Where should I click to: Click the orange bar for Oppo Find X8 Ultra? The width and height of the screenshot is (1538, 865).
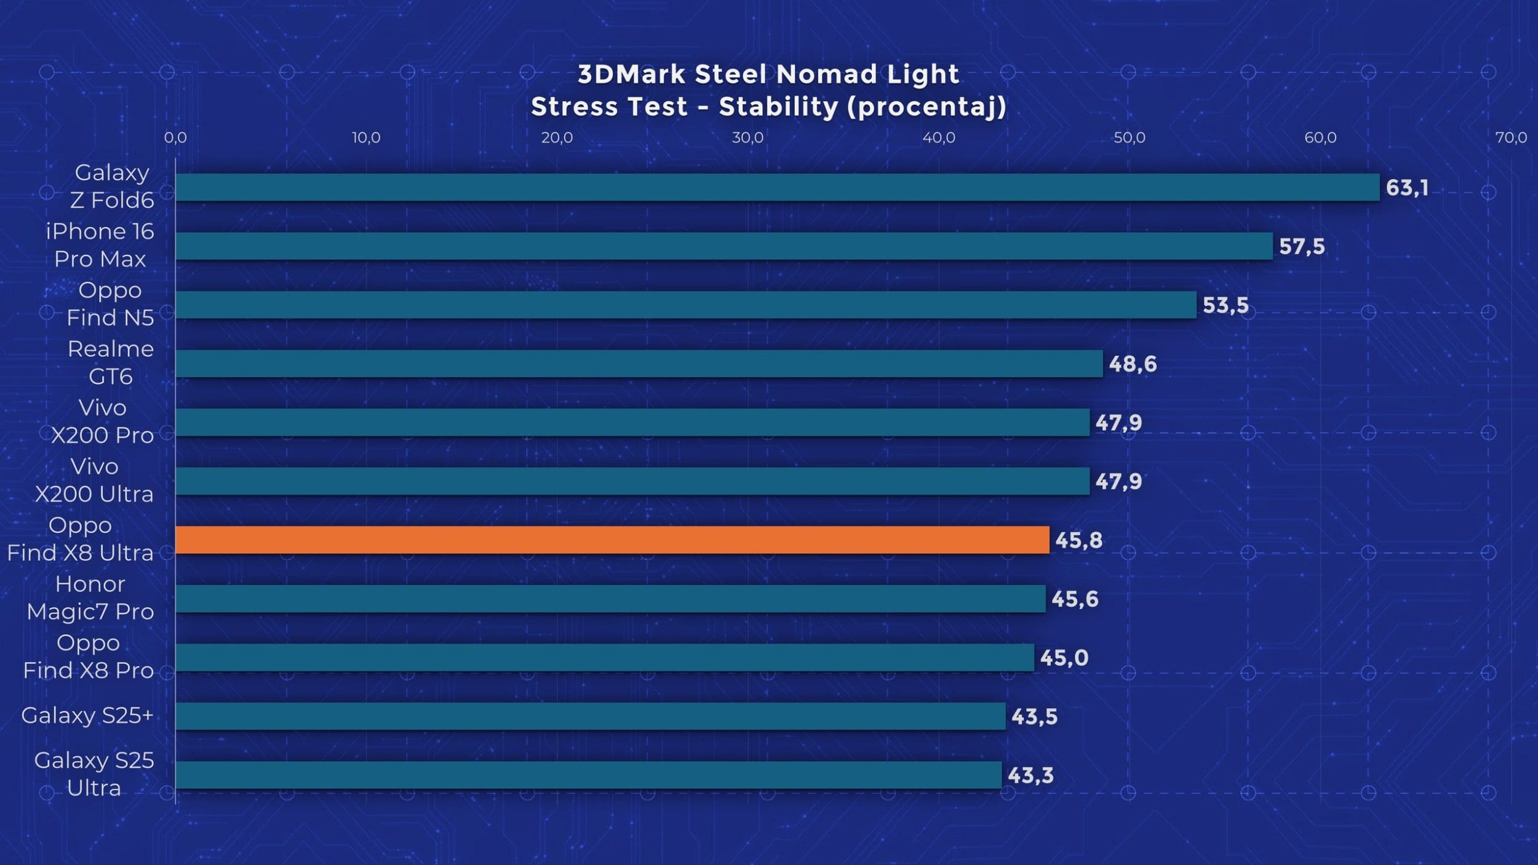tap(612, 540)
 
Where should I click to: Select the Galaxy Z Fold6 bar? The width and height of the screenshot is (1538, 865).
tap(777, 187)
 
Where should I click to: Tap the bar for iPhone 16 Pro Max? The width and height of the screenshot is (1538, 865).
tap(724, 246)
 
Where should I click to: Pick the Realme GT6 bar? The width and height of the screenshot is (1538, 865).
tap(639, 364)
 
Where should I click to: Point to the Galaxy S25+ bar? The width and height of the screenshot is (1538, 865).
tap(590, 716)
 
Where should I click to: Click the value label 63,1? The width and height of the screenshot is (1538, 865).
tap(1407, 188)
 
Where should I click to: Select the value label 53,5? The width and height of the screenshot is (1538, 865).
tap(1225, 305)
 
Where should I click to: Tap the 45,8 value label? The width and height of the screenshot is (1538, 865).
tap(1078, 540)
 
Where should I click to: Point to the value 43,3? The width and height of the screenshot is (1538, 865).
tap(1030, 775)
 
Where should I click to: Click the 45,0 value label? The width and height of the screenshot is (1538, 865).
tap(1064, 658)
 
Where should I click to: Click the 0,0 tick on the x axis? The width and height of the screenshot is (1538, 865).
tap(175, 138)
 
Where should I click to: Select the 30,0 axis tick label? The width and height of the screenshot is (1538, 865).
tap(747, 138)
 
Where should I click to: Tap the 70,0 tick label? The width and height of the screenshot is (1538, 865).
tap(1511, 138)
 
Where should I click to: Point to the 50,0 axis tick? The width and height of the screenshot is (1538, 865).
tap(1130, 138)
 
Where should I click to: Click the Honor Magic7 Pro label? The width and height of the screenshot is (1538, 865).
tap(90, 597)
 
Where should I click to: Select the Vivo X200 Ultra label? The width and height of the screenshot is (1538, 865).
tap(94, 480)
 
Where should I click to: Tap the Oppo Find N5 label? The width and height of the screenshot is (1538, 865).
tap(110, 304)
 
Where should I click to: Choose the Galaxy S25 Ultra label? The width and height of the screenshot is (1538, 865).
tap(94, 774)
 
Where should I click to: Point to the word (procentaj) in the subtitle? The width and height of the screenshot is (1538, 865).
tap(926, 107)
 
